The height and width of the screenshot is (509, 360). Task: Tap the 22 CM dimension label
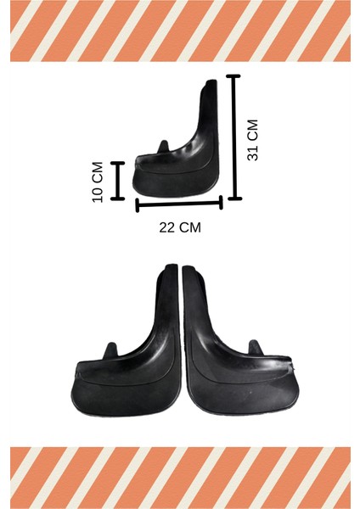click(x=180, y=227)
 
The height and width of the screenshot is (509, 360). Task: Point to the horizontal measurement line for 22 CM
click(x=179, y=204)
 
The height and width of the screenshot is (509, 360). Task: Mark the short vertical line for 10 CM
click(x=118, y=180)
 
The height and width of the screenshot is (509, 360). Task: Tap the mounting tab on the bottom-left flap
click(x=108, y=350)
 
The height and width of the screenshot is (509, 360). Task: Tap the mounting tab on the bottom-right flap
click(x=252, y=349)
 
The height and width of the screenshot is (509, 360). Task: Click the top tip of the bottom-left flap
click(x=169, y=268)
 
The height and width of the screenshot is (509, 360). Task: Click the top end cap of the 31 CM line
click(x=233, y=77)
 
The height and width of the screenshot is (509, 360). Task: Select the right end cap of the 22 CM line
click(x=222, y=202)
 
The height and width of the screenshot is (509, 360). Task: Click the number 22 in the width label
click(x=168, y=227)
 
